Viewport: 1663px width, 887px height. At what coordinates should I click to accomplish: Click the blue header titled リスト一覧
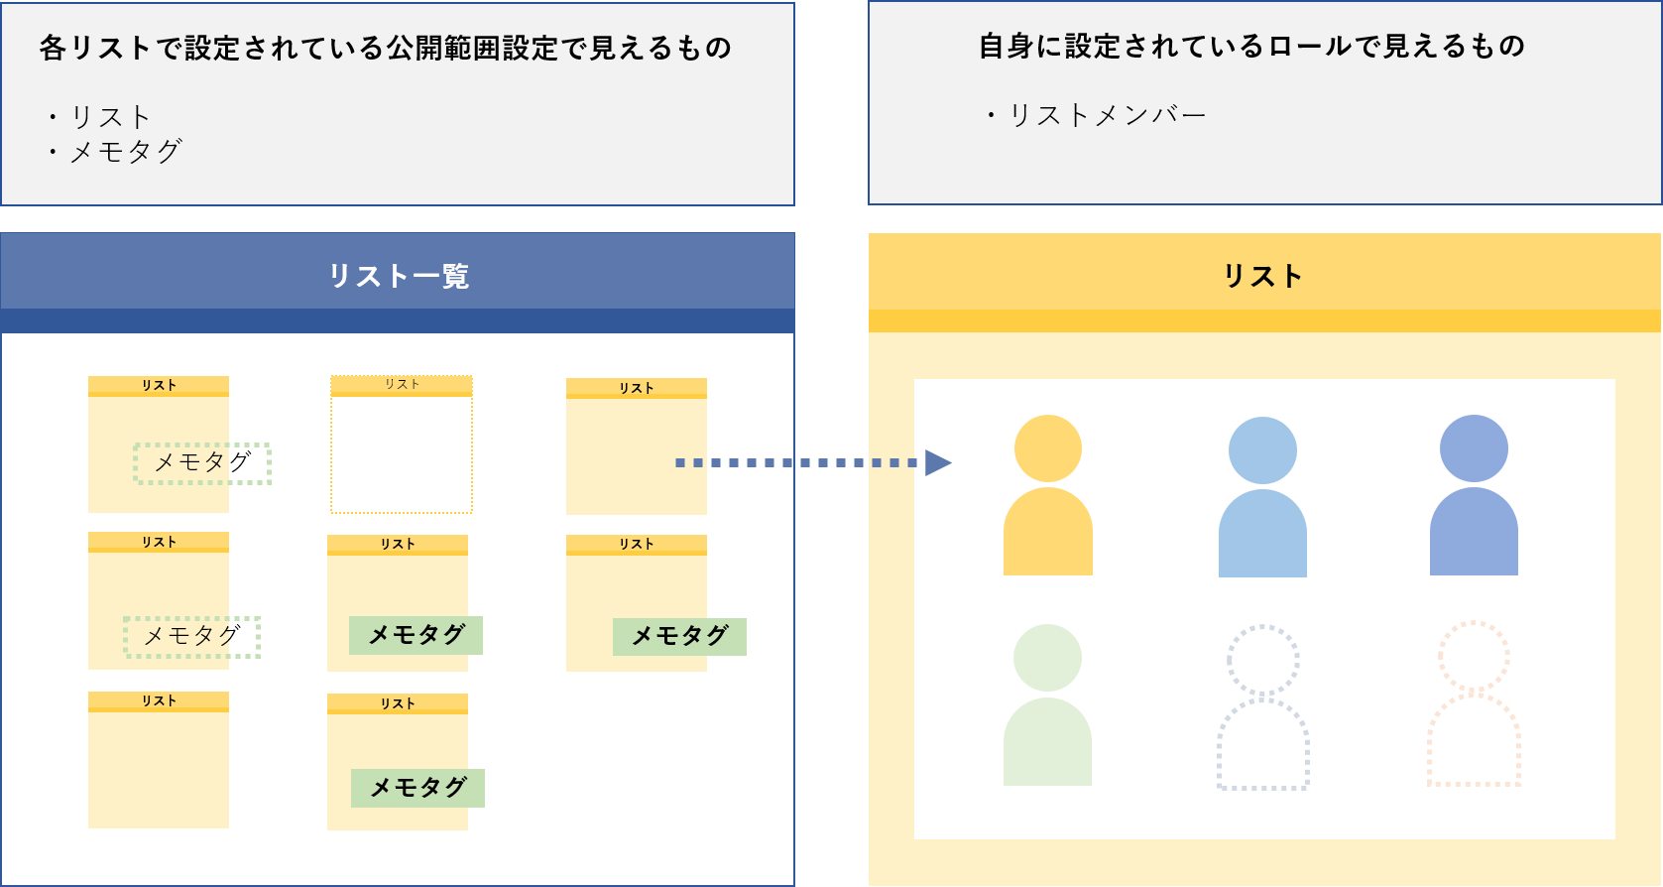(x=398, y=275)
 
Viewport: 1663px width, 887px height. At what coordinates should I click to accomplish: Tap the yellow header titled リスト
(x=1263, y=275)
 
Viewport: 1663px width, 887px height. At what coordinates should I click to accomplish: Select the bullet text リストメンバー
(x=1107, y=116)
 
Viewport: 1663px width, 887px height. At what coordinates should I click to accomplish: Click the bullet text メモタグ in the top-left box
(x=125, y=152)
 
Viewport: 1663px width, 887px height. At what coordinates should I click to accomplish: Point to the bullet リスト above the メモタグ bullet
(x=110, y=117)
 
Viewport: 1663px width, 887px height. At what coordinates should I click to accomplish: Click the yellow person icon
(x=1047, y=495)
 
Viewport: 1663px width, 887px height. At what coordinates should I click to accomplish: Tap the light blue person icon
(x=1262, y=497)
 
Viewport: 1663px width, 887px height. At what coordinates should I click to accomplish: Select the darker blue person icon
(x=1474, y=495)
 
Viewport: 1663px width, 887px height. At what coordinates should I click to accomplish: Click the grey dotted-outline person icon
(x=1262, y=706)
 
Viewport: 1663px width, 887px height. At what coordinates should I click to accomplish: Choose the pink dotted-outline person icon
(x=1474, y=704)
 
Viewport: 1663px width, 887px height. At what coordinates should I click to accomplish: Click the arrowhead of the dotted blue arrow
(x=937, y=462)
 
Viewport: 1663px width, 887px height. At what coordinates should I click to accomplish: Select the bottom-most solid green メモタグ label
(x=417, y=788)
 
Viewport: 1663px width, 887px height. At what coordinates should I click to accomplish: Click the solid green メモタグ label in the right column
(x=679, y=636)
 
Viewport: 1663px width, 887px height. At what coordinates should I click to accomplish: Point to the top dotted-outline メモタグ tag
(x=202, y=463)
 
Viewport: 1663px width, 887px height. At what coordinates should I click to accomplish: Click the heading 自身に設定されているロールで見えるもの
(x=1251, y=47)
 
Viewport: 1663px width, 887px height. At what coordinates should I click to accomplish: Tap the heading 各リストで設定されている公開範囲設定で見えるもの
(x=386, y=49)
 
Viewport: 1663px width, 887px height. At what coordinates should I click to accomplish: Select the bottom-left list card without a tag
(x=159, y=760)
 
